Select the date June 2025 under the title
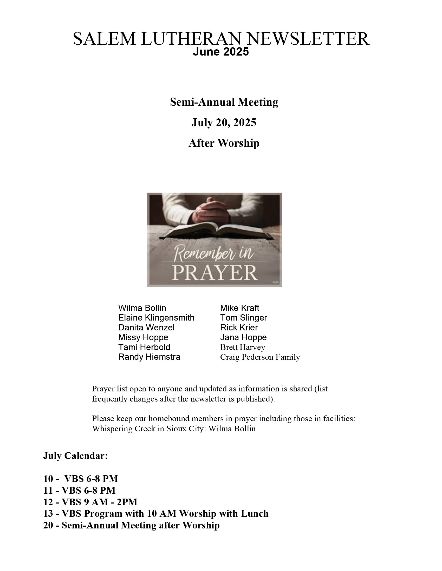click(x=221, y=52)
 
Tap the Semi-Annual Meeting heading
click(x=224, y=102)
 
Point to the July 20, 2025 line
click(x=224, y=122)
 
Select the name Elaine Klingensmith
click(x=156, y=318)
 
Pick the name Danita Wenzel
click(x=146, y=327)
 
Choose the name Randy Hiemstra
click(x=149, y=357)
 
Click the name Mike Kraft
click(x=240, y=308)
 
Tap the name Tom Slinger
click(x=244, y=318)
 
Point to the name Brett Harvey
click(x=243, y=347)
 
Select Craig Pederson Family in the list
click(x=260, y=357)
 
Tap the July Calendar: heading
click(x=76, y=456)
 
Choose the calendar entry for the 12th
click(x=90, y=502)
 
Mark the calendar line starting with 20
click(x=132, y=525)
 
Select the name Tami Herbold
click(x=144, y=347)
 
